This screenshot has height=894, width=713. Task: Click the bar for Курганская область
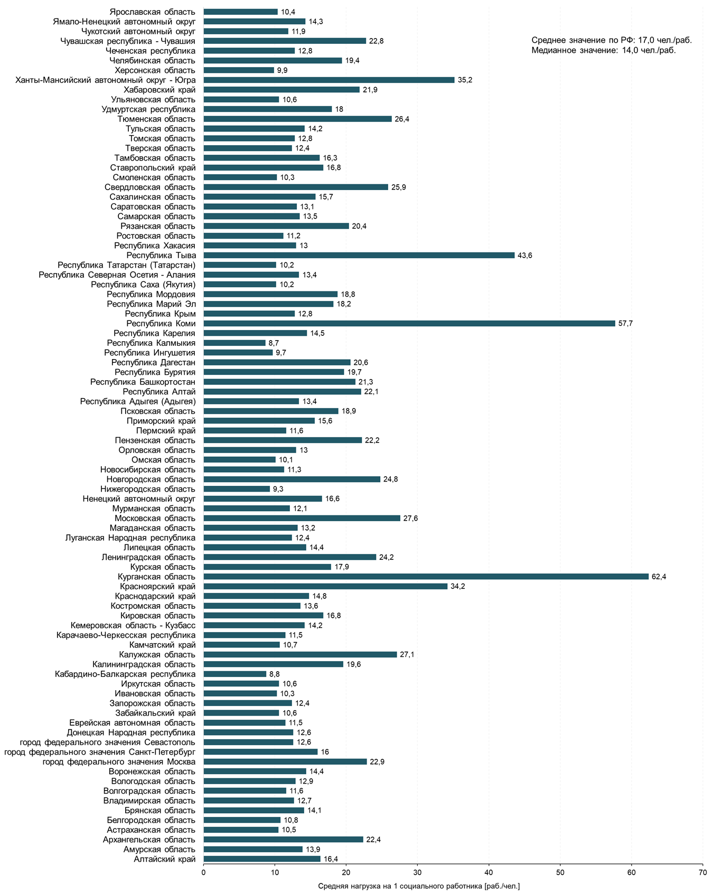[426, 577]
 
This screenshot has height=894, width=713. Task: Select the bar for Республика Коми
[409, 323]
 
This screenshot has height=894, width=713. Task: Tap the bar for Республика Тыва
[359, 255]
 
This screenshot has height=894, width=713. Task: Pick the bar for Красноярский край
[325, 586]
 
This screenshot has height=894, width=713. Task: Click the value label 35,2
[465, 80]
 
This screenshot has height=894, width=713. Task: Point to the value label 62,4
[659, 577]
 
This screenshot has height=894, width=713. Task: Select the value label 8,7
[274, 343]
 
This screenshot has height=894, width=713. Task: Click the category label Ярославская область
[153, 12]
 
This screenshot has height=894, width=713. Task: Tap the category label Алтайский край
[164, 859]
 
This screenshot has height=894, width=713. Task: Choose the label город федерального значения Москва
[119, 761]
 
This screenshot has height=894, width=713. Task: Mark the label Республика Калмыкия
[151, 343]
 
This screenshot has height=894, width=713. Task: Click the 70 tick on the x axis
[702, 872]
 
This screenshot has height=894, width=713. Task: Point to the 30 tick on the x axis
[417, 872]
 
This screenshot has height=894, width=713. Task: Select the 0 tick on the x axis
[203, 872]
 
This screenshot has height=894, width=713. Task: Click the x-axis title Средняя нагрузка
[419, 886]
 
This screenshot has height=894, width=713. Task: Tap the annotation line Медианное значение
[604, 51]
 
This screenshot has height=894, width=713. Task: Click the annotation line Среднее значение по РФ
[611, 40]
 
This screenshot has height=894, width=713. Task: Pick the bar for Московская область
[302, 518]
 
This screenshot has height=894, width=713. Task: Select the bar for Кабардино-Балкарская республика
[234, 674]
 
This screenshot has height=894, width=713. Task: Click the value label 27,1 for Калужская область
[407, 655]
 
